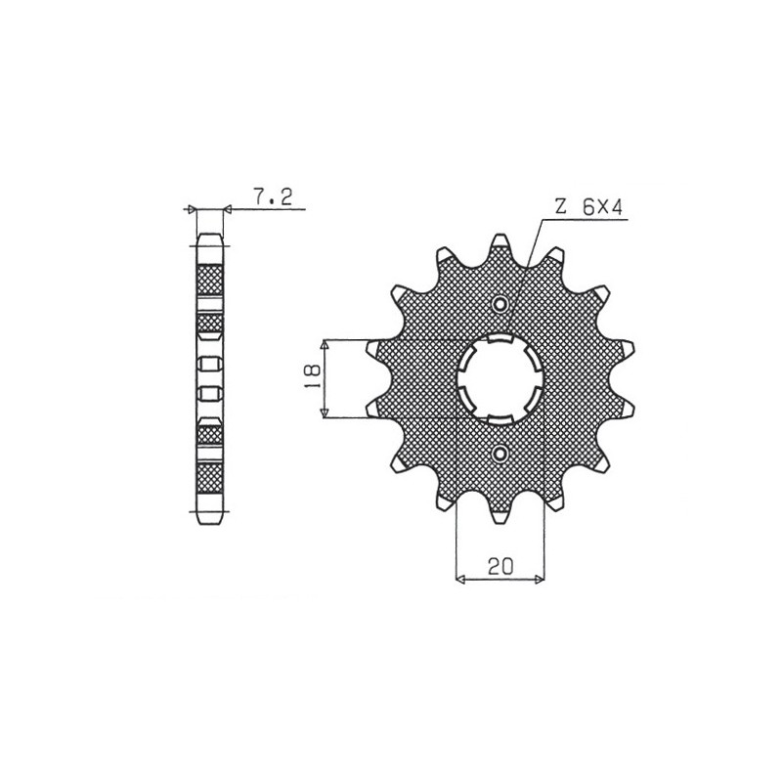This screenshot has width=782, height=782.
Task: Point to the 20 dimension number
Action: click(x=500, y=565)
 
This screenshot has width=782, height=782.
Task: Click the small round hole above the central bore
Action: click(x=500, y=305)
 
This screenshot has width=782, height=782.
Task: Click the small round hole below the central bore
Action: click(x=500, y=453)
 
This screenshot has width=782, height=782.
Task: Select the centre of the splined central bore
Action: click(x=500, y=378)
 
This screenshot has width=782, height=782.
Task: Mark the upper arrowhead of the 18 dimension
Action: click(x=326, y=344)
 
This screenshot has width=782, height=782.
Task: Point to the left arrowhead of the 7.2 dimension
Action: click(x=193, y=208)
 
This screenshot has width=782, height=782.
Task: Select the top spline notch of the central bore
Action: click(x=500, y=339)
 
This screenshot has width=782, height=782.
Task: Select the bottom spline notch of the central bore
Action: click(x=500, y=417)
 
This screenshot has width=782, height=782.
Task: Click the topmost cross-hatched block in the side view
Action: click(x=210, y=280)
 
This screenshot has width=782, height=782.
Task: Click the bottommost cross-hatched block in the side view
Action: click(x=210, y=478)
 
